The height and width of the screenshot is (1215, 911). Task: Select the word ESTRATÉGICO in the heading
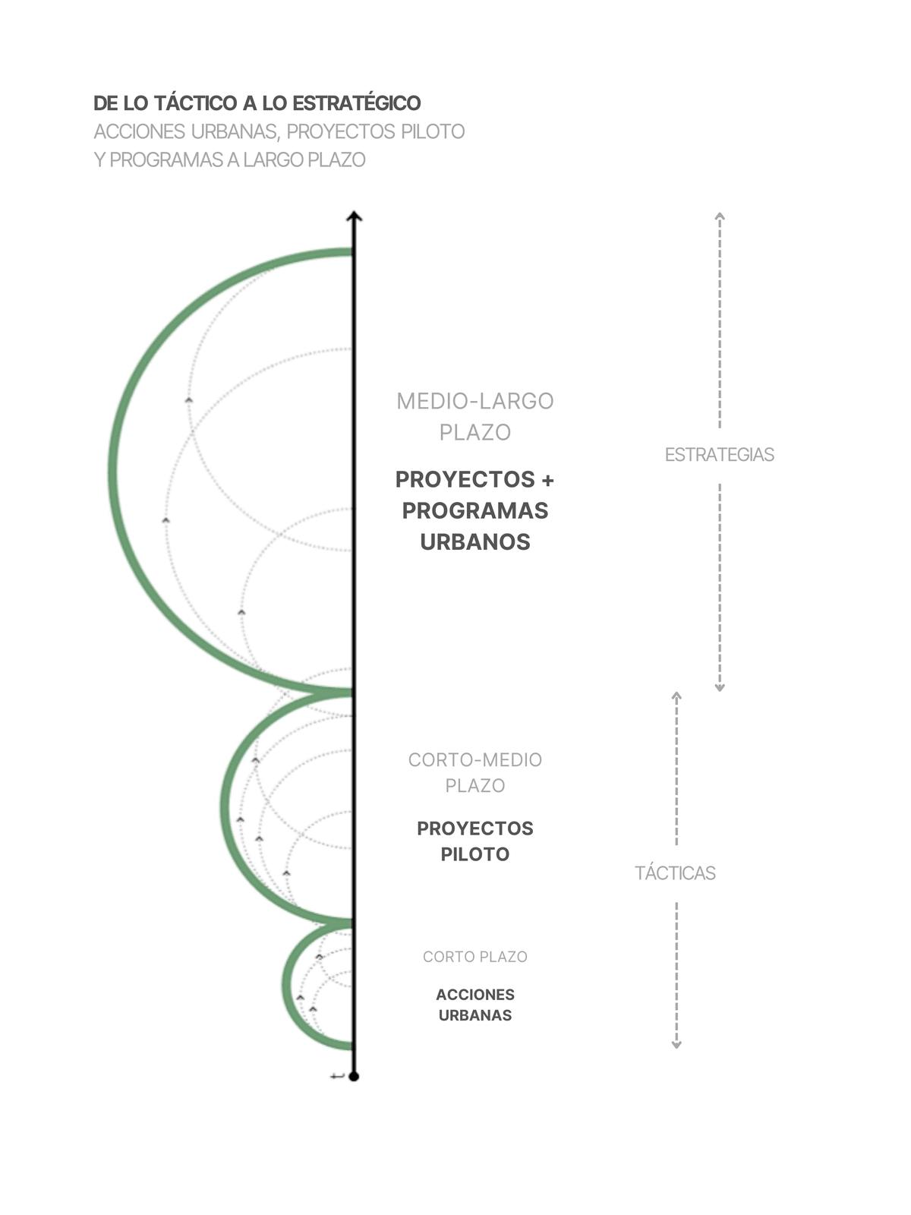pos(356,103)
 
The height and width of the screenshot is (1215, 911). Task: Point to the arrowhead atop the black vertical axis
pos(354,216)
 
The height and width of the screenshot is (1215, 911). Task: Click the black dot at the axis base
pos(354,1076)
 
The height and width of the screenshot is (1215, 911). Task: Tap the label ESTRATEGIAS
pos(719,454)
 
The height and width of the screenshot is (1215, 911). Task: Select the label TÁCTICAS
pos(675,873)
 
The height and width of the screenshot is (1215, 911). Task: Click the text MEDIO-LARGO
pos(475,401)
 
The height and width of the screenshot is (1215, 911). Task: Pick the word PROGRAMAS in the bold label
pos(475,510)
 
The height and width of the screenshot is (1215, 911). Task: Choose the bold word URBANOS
pos(475,542)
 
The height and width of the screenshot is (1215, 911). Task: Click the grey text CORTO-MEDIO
pos(475,759)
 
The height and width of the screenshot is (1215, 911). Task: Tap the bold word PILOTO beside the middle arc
pos(475,854)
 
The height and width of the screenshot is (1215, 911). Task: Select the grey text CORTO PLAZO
pos(475,957)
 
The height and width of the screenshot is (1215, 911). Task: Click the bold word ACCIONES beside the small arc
pos(475,995)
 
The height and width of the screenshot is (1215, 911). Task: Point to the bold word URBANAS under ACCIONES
pos(475,1015)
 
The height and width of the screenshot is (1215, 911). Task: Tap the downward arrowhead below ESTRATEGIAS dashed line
pos(720,688)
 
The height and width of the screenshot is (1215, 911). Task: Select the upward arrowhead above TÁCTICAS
pos(676,696)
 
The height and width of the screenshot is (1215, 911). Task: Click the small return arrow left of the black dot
pos(337,1076)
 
